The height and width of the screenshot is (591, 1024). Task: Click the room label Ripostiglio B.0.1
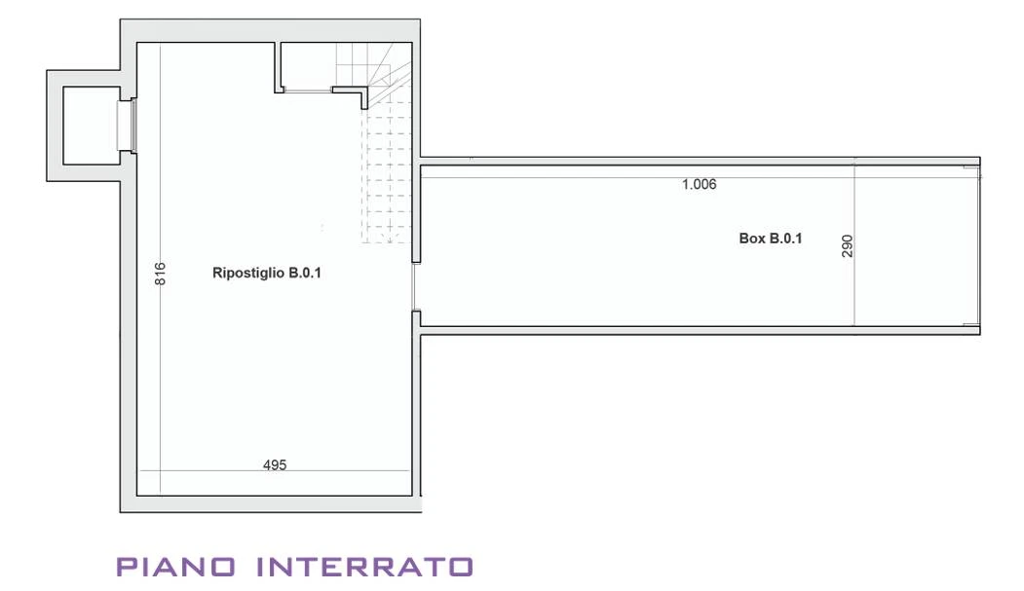click(x=266, y=273)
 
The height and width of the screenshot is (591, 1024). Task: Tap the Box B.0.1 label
click(x=770, y=239)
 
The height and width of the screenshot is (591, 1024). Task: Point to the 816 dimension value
click(x=160, y=274)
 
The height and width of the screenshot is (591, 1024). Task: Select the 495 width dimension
click(x=275, y=464)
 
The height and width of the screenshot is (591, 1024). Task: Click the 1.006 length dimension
click(x=699, y=185)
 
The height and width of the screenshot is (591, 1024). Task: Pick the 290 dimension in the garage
click(x=847, y=246)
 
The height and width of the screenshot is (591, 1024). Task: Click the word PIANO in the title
click(x=175, y=567)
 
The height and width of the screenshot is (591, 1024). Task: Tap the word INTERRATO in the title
click(x=364, y=567)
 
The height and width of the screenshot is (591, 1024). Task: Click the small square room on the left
click(x=92, y=126)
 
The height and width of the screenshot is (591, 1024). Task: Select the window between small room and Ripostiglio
click(x=128, y=126)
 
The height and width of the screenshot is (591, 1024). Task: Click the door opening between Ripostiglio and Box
click(x=415, y=287)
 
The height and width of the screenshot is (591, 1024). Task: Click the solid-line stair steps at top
click(x=373, y=64)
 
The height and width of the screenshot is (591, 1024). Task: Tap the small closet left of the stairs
click(x=307, y=65)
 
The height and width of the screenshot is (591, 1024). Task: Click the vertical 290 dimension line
click(x=854, y=245)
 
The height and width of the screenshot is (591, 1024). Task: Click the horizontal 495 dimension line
click(x=275, y=471)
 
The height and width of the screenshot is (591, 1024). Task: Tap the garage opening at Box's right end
click(x=979, y=245)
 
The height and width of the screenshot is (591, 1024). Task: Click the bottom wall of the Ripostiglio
click(x=270, y=503)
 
